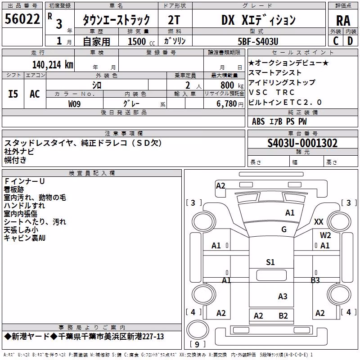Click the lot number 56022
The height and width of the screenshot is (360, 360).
pos(22,19)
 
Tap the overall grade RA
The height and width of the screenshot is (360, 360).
pos(343,21)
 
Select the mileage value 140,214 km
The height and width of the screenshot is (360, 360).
pos(53,65)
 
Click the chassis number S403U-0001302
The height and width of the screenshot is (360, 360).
pos(302,143)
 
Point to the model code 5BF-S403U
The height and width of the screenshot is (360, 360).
pos(258,41)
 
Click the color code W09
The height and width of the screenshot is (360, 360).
pos(74,104)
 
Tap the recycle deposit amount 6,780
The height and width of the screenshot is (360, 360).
pos(227,104)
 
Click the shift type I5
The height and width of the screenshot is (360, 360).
pos(13,94)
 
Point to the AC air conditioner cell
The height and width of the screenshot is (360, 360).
pos(35,94)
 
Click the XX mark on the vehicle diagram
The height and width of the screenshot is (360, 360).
pos(319,222)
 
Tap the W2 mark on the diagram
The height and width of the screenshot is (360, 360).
pos(325,235)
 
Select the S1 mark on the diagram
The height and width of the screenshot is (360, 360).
pos(270,262)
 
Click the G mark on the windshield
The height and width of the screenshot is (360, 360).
pos(284,229)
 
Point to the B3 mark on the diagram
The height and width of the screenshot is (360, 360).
pos(315,280)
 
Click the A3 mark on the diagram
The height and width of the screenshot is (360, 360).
pos(283,297)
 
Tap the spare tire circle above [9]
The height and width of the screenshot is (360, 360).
pos(198,329)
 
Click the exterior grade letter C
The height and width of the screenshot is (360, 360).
pos(336,41)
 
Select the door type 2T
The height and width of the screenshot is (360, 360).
pos(174,20)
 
